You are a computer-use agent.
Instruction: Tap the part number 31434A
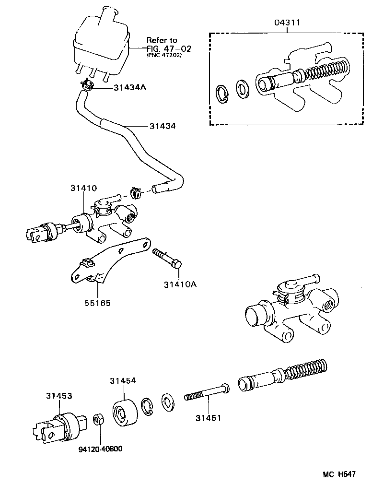130,88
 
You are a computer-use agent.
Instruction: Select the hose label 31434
163,126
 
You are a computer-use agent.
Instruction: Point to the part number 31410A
180,284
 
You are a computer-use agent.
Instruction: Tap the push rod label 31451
208,418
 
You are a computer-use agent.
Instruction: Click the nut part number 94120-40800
100,449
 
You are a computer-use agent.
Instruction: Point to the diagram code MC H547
339,474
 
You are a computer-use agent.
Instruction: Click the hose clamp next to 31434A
86,85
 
